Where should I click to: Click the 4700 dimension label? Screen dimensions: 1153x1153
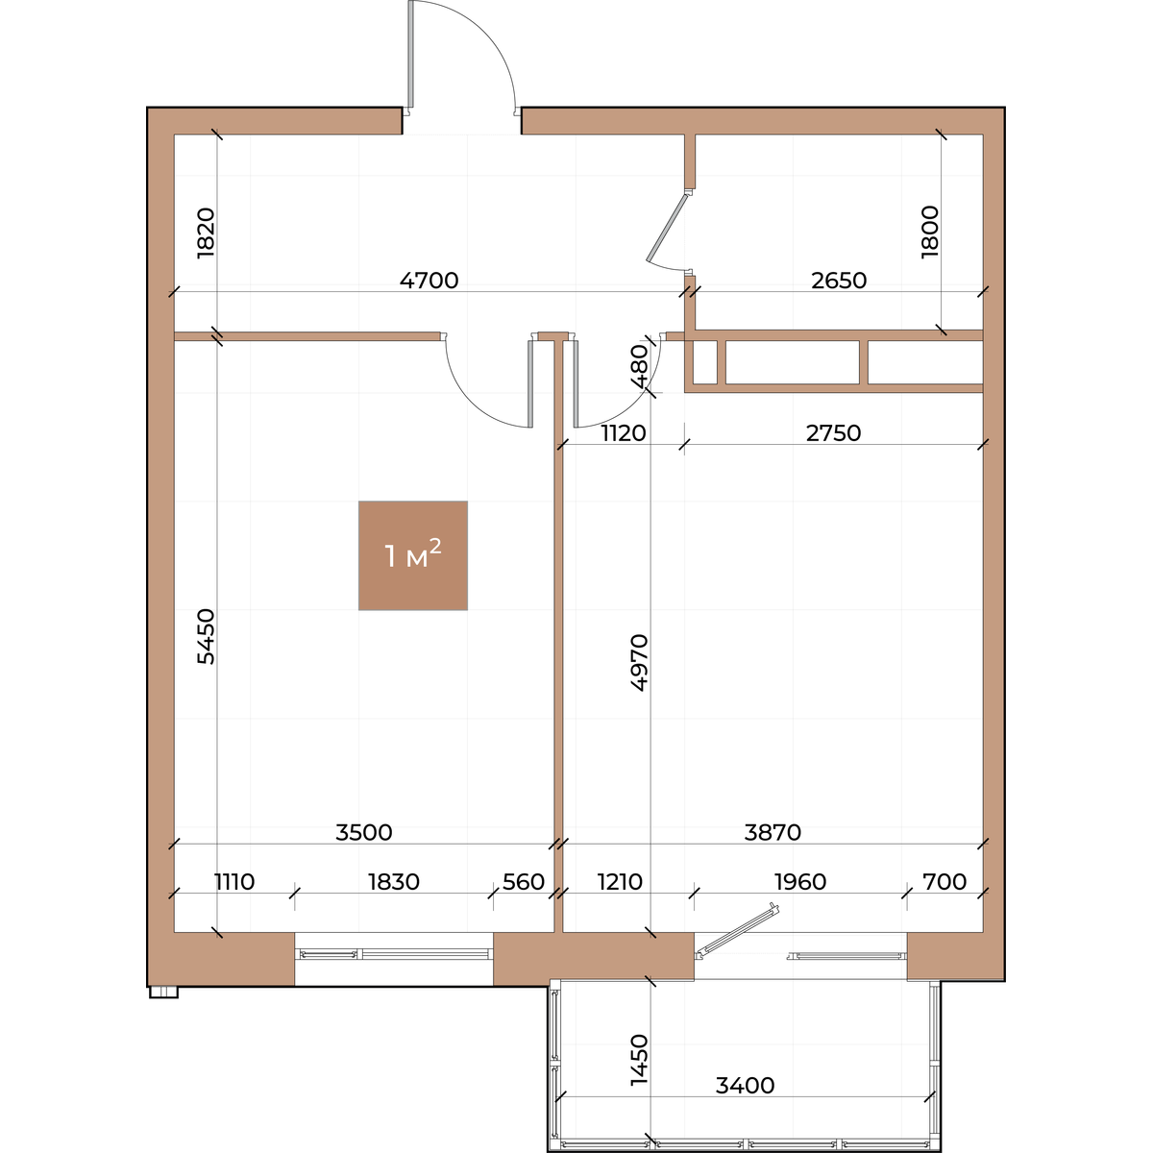click(x=429, y=280)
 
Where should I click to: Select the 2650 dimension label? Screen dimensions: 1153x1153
click(x=838, y=280)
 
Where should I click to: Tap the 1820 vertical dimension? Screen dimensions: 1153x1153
click(x=206, y=233)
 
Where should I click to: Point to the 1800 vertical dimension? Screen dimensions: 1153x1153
click(x=929, y=232)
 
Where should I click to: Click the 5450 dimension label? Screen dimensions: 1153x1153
click(x=206, y=637)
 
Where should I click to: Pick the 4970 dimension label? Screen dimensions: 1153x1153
click(x=639, y=663)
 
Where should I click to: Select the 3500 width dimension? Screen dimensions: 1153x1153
click(x=364, y=832)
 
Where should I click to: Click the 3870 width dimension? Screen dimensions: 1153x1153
click(x=773, y=832)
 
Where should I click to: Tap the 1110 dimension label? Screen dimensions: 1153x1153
click(x=234, y=882)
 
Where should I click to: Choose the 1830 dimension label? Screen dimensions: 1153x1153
click(x=394, y=882)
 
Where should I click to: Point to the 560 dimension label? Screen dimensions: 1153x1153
click(x=524, y=882)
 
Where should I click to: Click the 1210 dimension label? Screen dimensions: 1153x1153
click(x=620, y=882)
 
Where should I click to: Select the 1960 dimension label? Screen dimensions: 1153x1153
click(x=800, y=882)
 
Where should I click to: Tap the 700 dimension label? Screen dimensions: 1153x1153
click(x=944, y=882)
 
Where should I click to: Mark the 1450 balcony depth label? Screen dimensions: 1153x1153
click(x=639, y=1060)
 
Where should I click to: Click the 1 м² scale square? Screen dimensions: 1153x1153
click(x=413, y=555)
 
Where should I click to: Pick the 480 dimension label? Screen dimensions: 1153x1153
click(x=639, y=366)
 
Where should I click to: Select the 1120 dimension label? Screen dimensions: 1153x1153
click(x=624, y=433)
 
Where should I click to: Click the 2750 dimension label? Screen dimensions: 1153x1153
click(x=833, y=433)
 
